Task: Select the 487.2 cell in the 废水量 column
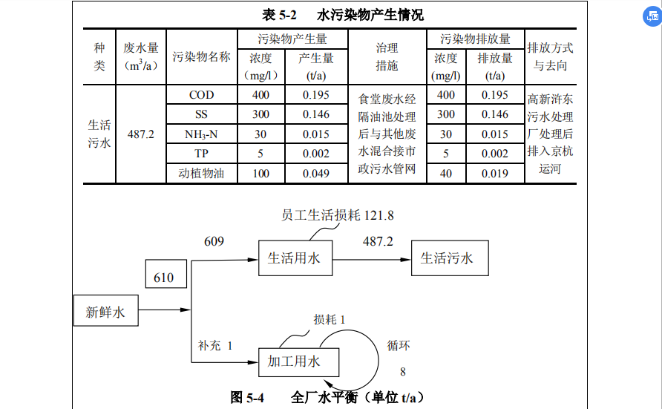tap(141, 134)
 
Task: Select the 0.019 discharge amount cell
tap(495, 174)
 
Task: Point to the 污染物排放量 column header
tap(476, 39)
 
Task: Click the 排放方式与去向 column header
tap(550, 56)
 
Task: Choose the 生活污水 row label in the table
tap(99, 134)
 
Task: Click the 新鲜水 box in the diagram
tap(105, 312)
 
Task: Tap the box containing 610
tap(164, 277)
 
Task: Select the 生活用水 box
tap(295, 258)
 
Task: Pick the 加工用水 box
tap(295, 362)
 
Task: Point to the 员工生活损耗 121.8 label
tap(337, 215)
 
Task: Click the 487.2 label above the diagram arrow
tap(378, 241)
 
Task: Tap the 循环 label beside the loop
tap(399, 345)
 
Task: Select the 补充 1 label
tap(215, 345)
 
